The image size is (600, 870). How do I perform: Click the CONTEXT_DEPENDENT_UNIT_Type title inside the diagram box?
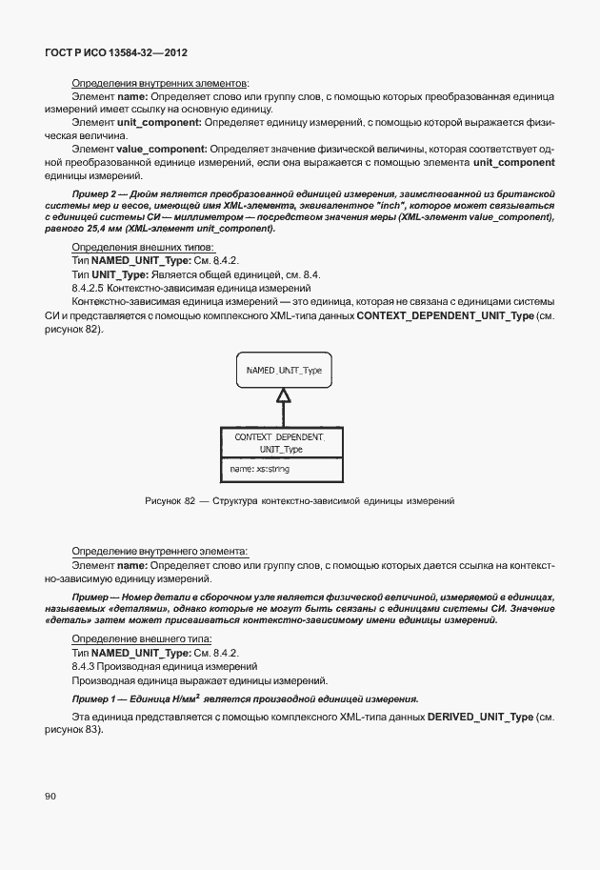click(x=281, y=442)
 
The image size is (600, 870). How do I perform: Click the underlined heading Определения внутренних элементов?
click(x=160, y=84)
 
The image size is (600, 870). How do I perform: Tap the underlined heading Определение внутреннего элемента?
click(x=159, y=551)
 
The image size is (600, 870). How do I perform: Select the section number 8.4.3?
click(x=89, y=666)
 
